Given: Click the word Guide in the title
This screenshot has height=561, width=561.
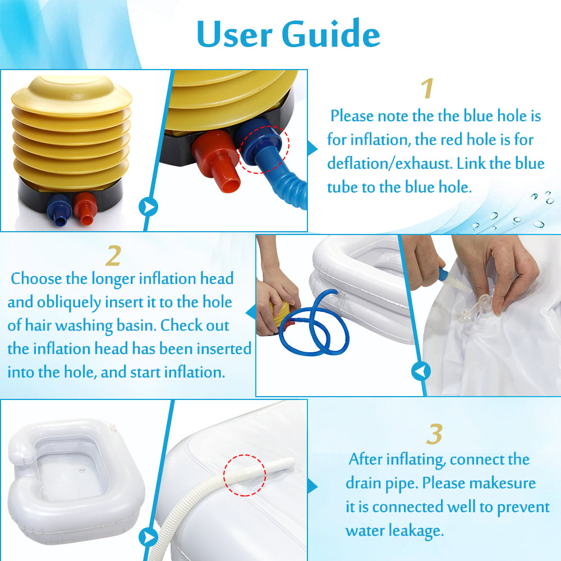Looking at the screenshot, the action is coord(331,34).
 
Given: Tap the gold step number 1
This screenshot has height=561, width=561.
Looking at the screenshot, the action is coord(427,88).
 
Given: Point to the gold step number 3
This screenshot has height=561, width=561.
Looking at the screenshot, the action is coord(434,434).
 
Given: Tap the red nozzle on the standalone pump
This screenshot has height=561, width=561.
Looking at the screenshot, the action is coord(85,209).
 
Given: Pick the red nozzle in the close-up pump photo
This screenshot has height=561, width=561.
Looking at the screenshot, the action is coord(217,160).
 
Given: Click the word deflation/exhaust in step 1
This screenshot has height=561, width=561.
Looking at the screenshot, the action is coord(389,163).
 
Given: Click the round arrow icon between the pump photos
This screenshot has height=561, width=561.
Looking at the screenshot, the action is coord(149,207).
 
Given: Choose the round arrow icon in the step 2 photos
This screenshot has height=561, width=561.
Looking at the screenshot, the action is coord(421,371).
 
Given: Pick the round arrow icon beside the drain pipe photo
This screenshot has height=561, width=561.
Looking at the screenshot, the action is coord(149,537).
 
